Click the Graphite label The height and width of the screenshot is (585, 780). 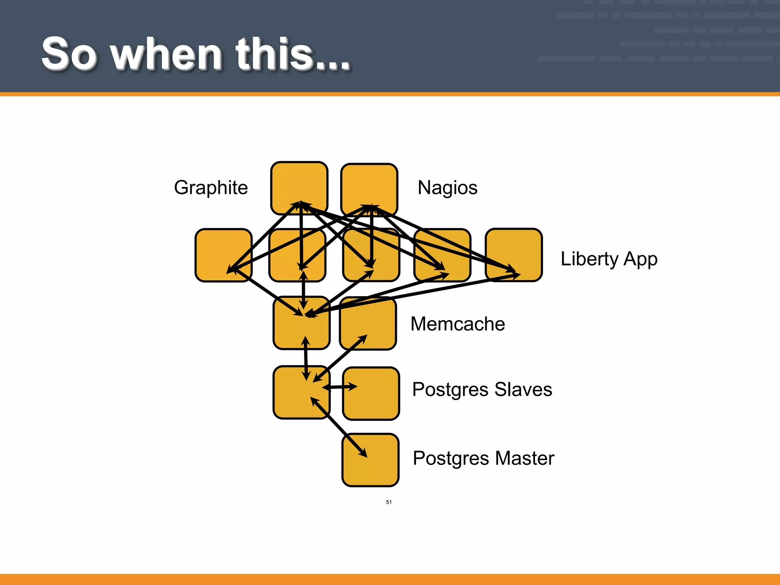tap(211, 188)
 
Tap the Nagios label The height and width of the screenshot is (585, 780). tap(447, 188)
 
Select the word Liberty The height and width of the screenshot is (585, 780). tap(589, 259)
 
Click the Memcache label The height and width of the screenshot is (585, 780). tap(457, 324)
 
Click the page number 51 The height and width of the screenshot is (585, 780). tap(388, 502)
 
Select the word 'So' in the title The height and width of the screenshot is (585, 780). tap(69, 54)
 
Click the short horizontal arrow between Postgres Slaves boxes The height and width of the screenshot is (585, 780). tap(340, 387)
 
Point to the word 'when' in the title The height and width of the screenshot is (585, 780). tap(167, 54)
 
